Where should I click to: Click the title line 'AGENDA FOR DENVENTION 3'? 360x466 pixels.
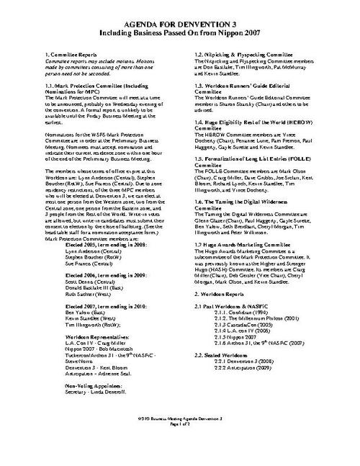[179, 23]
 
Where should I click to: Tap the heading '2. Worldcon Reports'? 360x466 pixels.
[221, 275]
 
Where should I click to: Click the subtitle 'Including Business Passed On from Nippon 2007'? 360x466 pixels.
[179, 32]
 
